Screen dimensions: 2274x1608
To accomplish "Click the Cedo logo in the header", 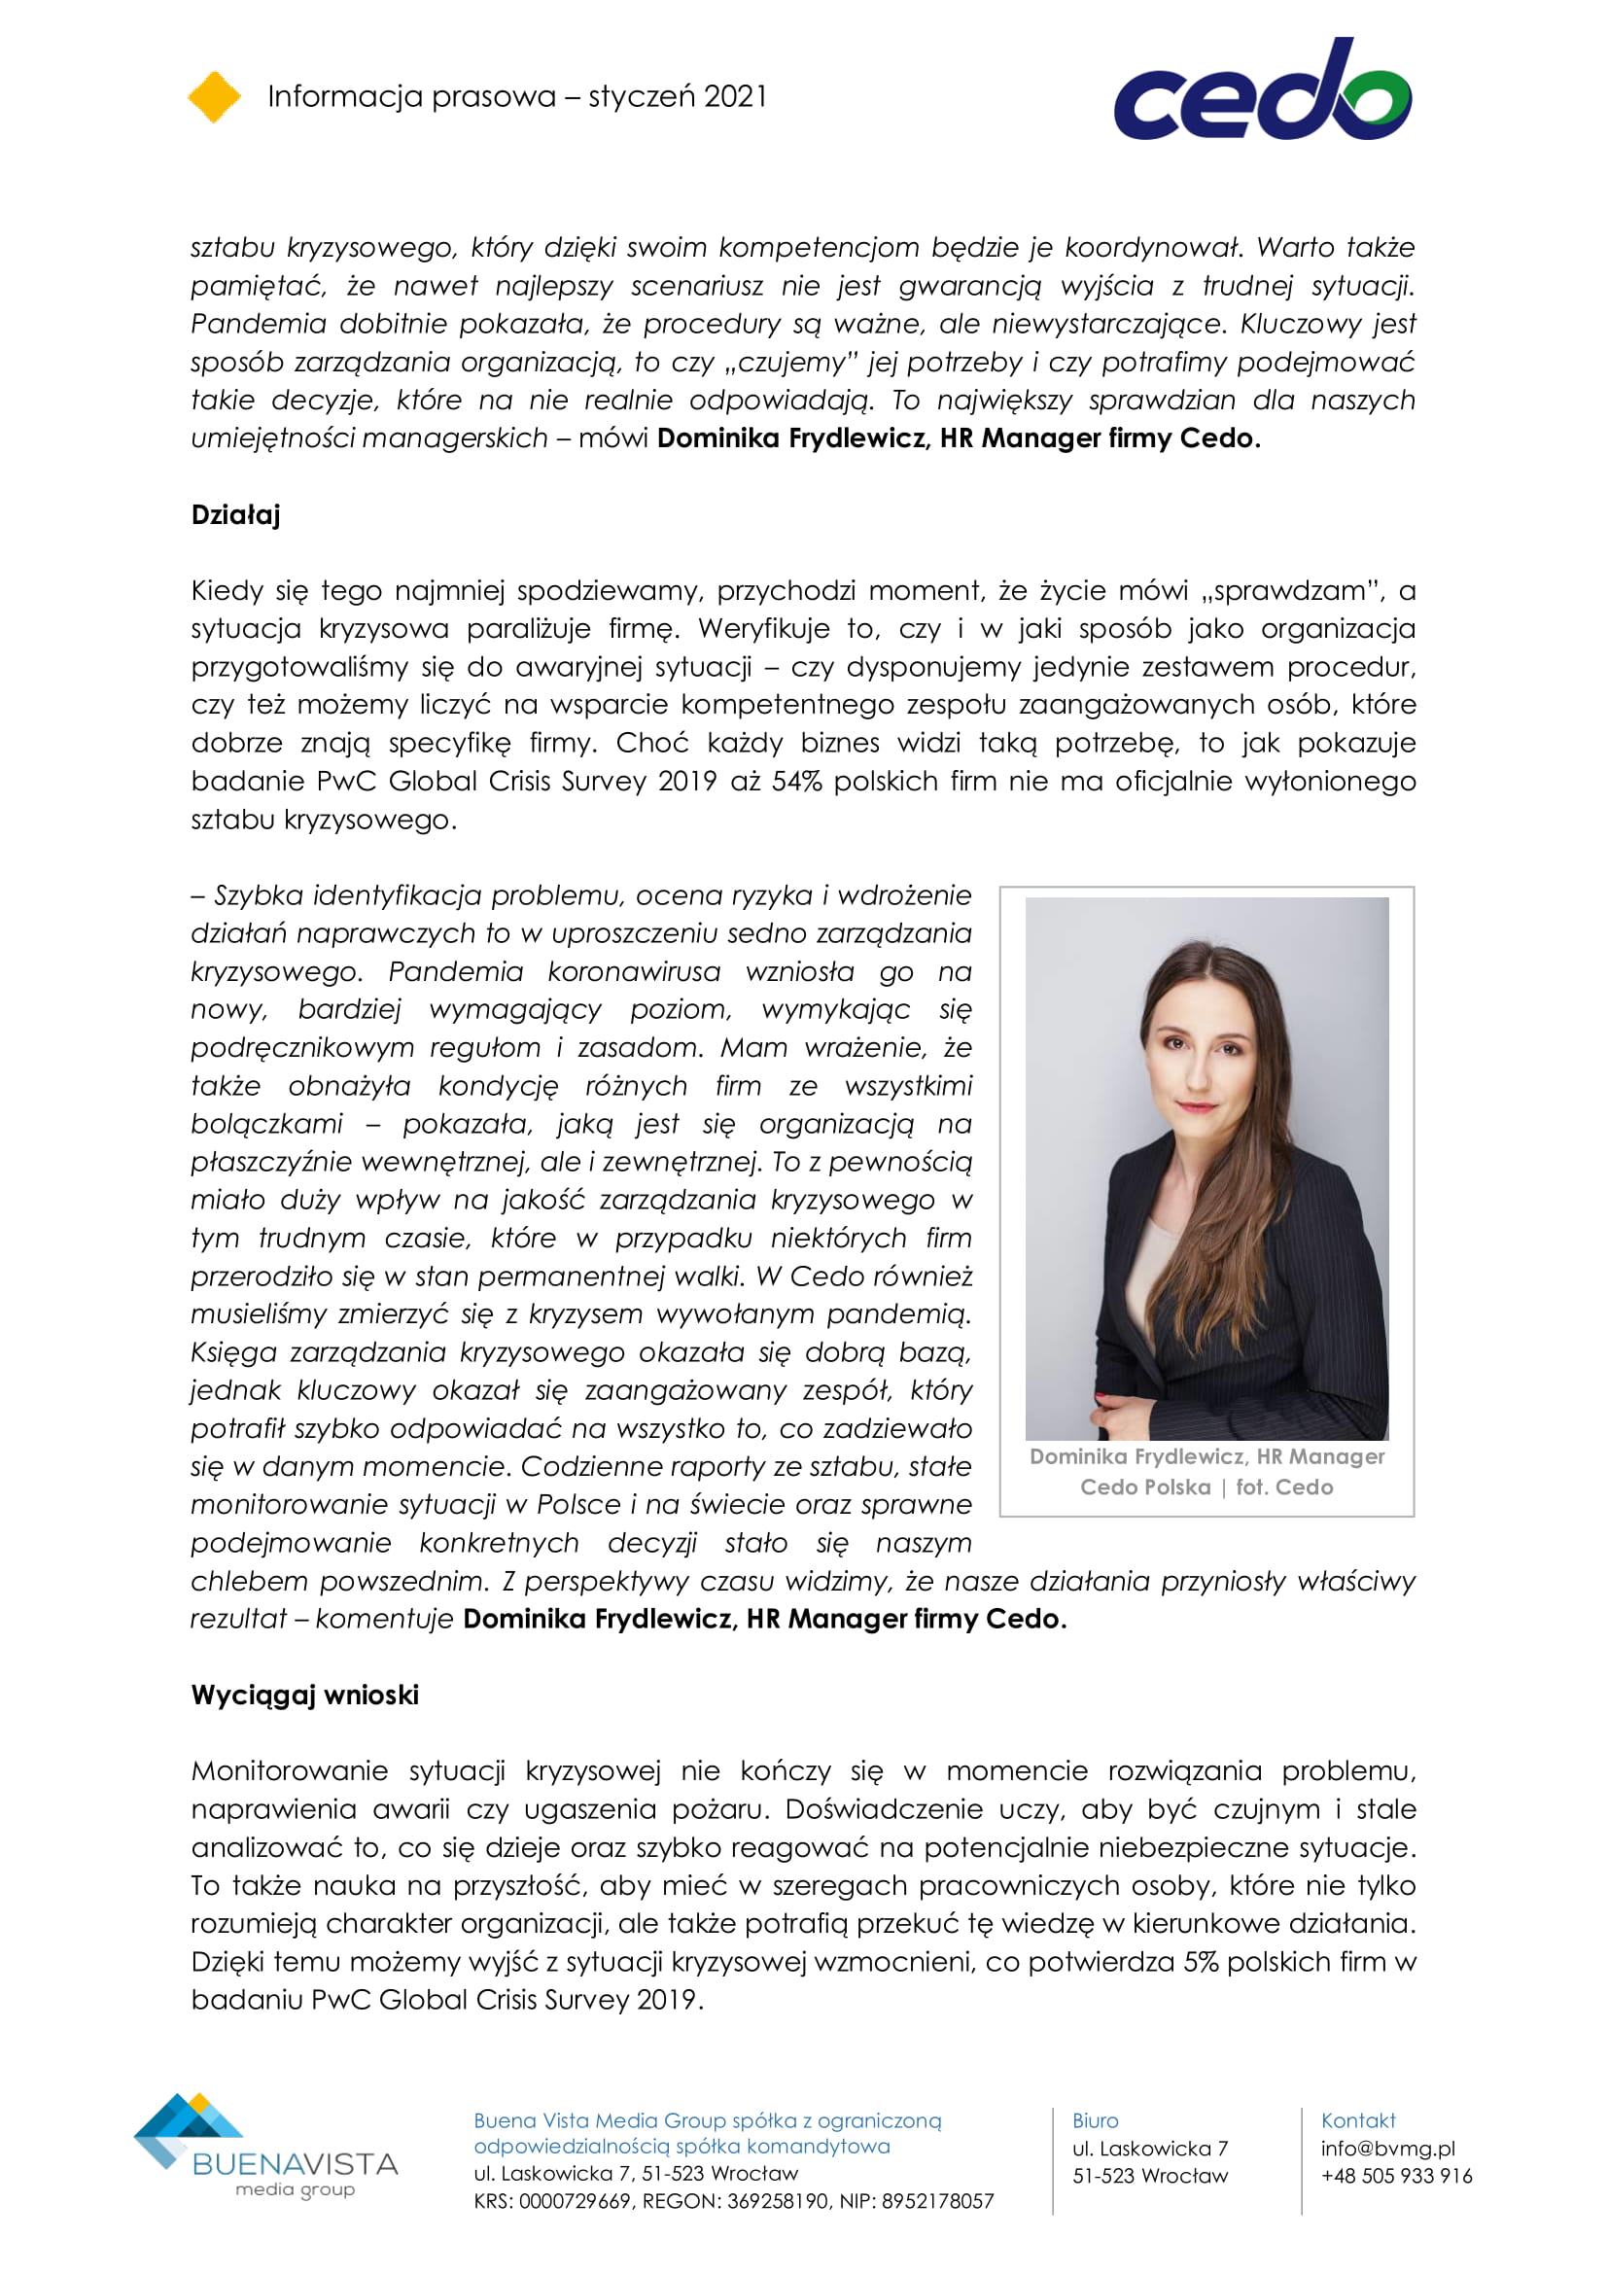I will tap(1262, 91).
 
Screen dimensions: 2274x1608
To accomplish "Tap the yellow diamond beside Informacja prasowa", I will tap(214, 97).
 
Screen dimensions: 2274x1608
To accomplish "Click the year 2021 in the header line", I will tap(735, 96).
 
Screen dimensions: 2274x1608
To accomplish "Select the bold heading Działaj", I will tap(235, 515).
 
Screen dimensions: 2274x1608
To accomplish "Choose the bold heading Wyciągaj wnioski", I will tap(305, 1695).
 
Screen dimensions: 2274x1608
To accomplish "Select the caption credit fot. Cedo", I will tap(1284, 1487).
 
